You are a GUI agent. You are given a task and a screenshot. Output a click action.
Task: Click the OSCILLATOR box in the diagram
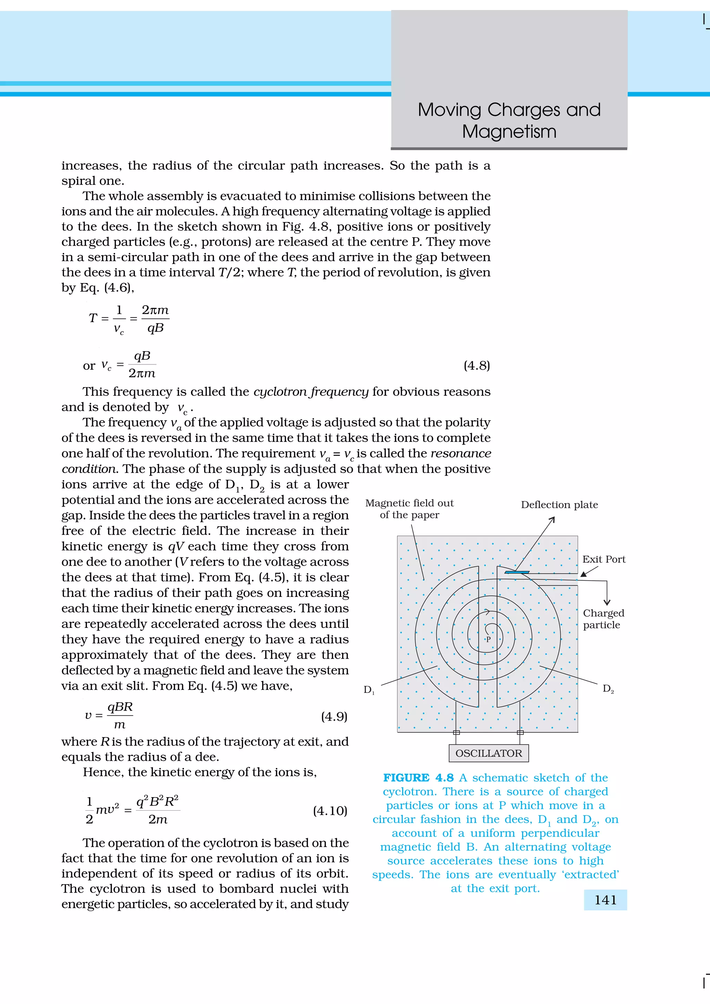tap(488, 753)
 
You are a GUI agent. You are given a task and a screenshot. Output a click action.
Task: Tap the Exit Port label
tap(604, 559)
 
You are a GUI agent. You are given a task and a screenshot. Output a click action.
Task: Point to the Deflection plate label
tap(559, 505)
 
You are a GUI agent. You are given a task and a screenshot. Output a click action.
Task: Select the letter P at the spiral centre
tap(488, 639)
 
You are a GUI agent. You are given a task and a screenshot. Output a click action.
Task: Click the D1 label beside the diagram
tap(369, 689)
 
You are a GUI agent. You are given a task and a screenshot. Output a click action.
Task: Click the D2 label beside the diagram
tap(608, 689)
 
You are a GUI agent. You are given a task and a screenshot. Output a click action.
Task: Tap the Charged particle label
tap(603, 619)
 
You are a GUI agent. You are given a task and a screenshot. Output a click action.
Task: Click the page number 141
tap(605, 900)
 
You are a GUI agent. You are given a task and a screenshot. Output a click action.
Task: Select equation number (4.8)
tap(476, 365)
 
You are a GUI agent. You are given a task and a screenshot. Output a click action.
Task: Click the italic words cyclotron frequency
tap(311, 391)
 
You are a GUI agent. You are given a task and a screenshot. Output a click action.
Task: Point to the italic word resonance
tap(461, 453)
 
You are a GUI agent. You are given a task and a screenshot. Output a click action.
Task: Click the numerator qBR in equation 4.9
tap(120, 707)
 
